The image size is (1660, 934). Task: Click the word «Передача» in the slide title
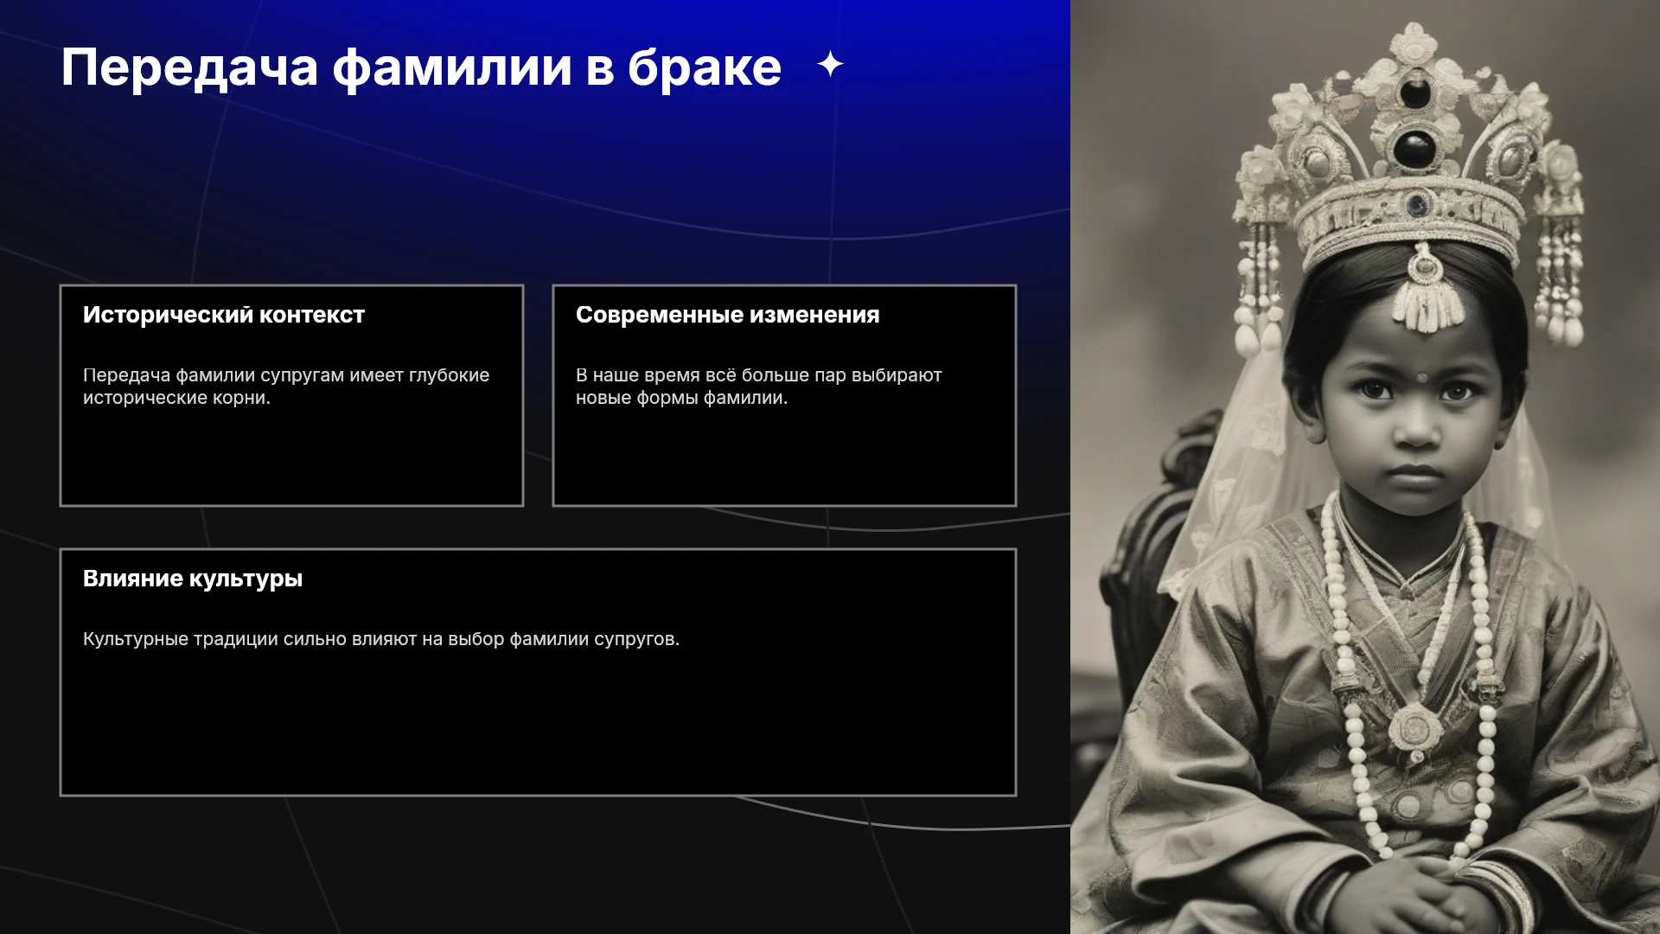189,68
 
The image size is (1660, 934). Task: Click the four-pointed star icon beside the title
830,64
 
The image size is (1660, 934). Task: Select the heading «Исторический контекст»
224,315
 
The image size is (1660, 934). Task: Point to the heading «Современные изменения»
728,315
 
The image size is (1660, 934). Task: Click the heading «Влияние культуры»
193,579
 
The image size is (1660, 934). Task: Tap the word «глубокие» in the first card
450,375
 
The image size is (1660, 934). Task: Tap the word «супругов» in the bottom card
636,640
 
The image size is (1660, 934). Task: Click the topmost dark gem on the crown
1415,92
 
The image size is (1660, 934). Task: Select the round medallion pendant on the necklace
1414,728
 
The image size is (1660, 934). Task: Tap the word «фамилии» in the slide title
452,67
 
